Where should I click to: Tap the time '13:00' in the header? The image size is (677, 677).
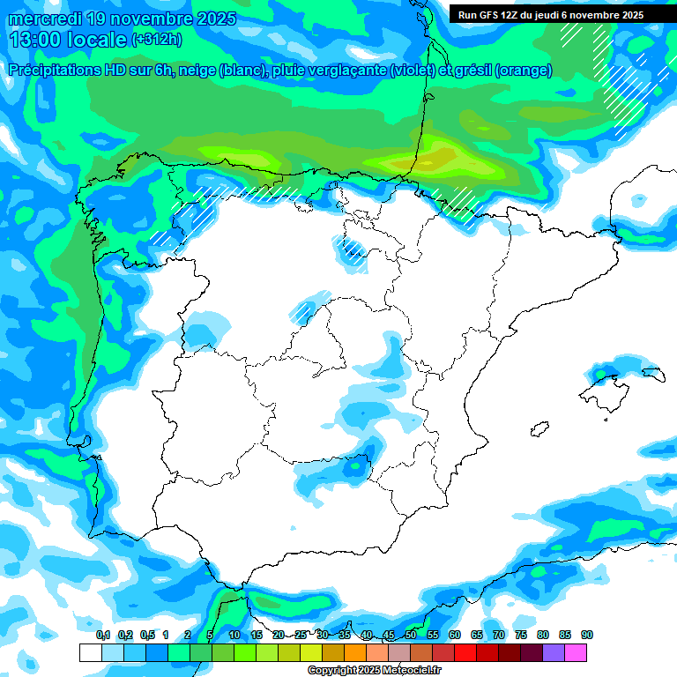(34, 40)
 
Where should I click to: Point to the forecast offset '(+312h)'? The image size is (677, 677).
(156, 40)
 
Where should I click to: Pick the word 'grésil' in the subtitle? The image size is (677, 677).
(472, 71)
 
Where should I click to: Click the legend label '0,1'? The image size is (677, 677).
(102, 636)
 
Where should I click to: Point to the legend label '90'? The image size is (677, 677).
(586, 636)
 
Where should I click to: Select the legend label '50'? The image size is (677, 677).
(411, 636)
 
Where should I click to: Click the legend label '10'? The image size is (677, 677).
(234, 636)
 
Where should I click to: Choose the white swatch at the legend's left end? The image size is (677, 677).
(90, 653)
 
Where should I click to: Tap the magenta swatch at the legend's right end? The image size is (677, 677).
(576, 653)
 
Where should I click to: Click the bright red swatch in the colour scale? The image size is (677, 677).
(465, 653)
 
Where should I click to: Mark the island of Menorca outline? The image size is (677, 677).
(652, 374)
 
